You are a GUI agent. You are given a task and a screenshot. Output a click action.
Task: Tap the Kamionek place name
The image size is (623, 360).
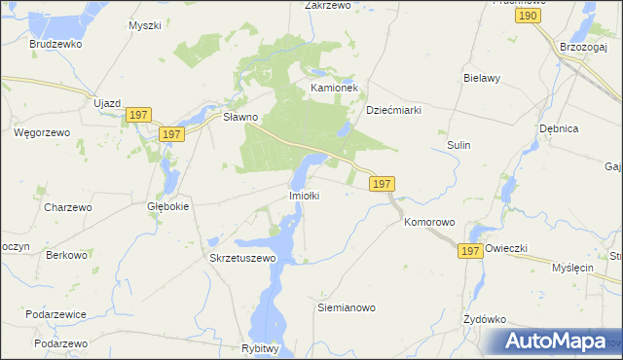pos(335,88)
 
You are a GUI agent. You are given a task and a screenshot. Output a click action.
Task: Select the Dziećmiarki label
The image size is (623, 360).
pos(393,110)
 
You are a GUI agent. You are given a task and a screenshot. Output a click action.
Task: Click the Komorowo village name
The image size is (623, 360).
pos(429,222)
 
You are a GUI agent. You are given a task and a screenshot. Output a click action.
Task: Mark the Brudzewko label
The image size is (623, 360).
pos(54,45)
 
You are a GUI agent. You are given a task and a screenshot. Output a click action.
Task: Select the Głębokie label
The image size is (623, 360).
pos(167,206)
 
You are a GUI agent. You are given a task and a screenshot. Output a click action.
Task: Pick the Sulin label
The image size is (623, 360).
pos(458,145)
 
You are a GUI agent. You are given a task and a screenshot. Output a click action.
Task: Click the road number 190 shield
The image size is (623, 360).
pos(529,17)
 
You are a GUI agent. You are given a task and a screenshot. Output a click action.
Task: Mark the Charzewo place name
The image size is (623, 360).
pos(68,207)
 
